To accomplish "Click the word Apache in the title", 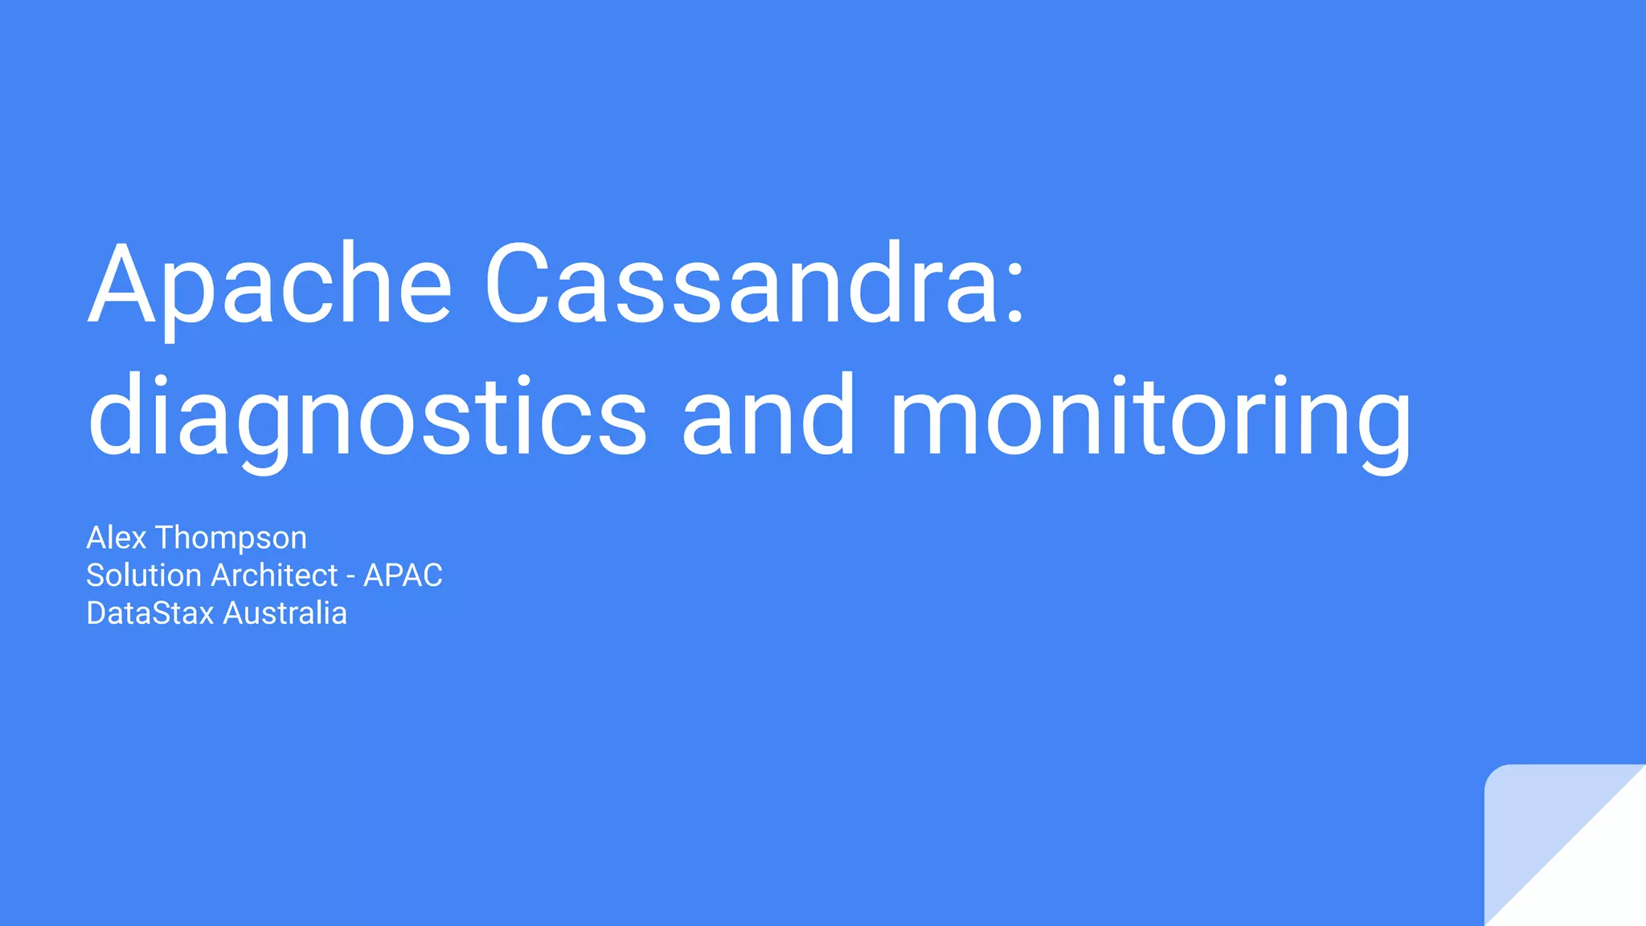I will (x=270, y=285).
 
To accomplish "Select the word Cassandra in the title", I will (x=739, y=285).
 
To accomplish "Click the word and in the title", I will (x=768, y=418).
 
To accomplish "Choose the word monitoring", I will (x=1150, y=418).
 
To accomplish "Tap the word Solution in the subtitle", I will (x=144, y=576).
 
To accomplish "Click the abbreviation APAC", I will (x=403, y=576).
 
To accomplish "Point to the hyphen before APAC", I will (x=350, y=577).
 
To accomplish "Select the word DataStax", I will (x=150, y=613).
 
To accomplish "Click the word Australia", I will (x=285, y=613).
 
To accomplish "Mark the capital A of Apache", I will (x=122, y=285).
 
